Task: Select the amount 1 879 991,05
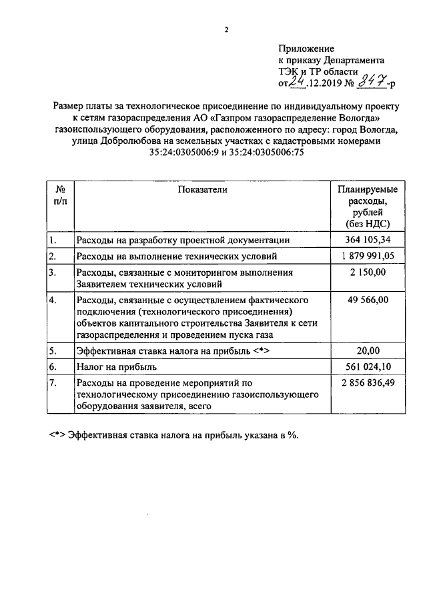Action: click(367, 257)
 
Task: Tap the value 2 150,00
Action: click(367, 273)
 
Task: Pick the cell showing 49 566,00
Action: click(367, 300)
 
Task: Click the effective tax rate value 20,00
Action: click(367, 350)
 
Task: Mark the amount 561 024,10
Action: click(367, 367)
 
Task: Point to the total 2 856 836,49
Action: click(367, 383)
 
